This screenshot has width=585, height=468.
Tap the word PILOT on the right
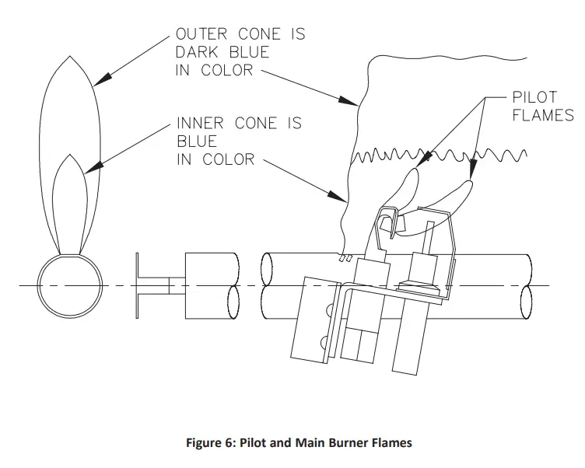coord(534,98)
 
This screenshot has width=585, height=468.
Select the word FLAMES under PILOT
coord(542,116)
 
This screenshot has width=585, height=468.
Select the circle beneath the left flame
coord(69,285)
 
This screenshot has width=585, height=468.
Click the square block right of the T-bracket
coord(211,285)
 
